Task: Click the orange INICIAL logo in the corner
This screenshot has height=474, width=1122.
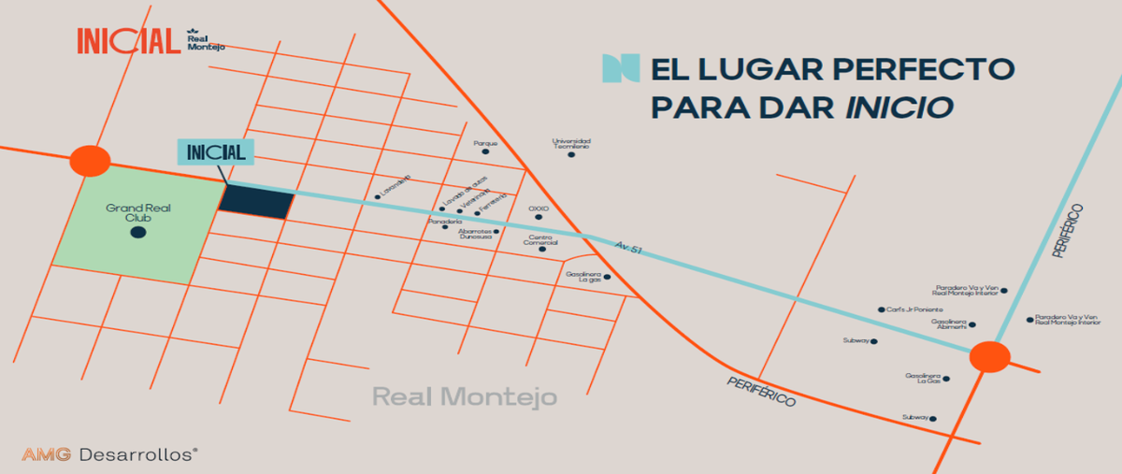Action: (128, 40)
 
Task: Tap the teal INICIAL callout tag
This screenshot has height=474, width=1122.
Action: (215, 152)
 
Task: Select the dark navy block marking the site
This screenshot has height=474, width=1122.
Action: (256, 201)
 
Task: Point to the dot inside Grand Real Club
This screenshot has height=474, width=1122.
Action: (137, 232)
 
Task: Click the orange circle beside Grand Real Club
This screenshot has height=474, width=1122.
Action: (91, 161)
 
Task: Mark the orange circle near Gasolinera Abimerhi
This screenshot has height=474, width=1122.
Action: (989, 357)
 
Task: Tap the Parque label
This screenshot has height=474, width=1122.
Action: (483, 144)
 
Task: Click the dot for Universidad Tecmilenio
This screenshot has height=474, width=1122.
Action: (571, 154)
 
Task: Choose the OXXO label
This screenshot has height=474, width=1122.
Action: (538, 208)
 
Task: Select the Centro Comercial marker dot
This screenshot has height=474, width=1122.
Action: (542, 249)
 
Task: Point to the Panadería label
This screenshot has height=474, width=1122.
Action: (445, 221)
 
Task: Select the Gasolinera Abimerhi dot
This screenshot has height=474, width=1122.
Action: (972, 325)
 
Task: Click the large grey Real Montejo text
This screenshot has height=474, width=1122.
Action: (465, 397)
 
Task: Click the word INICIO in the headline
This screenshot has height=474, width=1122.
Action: (899, 106)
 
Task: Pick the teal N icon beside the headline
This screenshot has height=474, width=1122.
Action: (622, 68)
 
